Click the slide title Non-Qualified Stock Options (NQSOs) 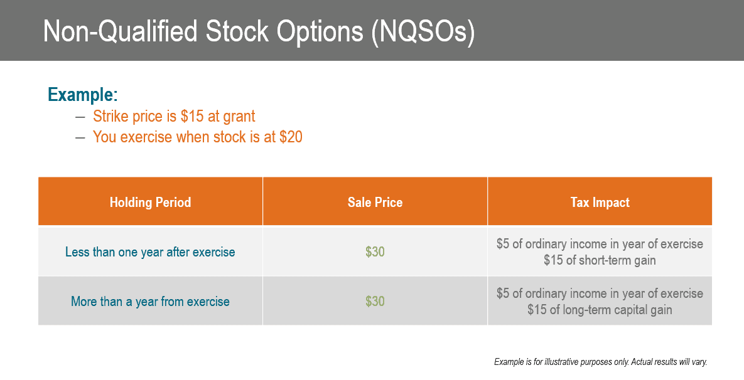[x=259, y=31]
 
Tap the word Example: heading [x=83, y=95]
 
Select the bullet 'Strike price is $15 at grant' [x=174, y=117]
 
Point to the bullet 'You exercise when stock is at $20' [x=197, y=137]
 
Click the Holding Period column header [x=150, y=203]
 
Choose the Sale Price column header [x=375, y=203]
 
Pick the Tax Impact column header [x=600, y=203]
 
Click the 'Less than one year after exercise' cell [x=150, y=252]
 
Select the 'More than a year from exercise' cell [x=150, y=302]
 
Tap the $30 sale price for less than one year [x=375, y=252]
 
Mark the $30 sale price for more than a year [x=375, y=302]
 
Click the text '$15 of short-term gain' [x=600, y=260]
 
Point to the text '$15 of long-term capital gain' [x=600, y=310]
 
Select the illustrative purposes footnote [x=600, y=362]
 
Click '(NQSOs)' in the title [x=423, y=31]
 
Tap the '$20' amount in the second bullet [x=291, y=137]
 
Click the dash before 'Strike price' [x=80, y=117]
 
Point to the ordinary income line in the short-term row [x=600, y=244]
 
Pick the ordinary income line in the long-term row [x=600, y=293]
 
